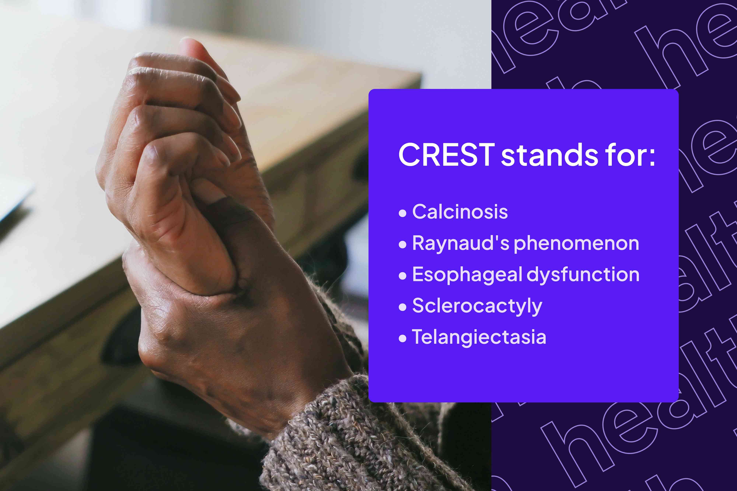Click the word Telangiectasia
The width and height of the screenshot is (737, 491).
pos(479,337)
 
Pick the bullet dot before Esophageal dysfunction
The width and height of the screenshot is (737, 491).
pos(403,276)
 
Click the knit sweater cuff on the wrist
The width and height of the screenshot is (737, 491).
pos(345,438)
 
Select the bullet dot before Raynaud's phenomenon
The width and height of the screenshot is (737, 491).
pos(403,244)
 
